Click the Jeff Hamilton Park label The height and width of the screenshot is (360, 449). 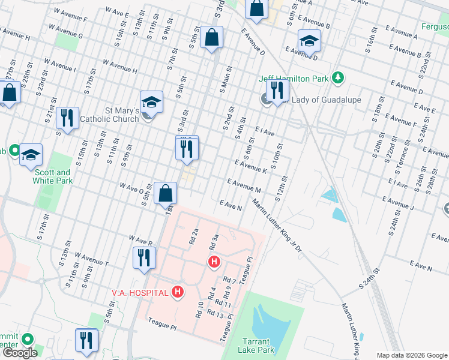click(x=295, y=78)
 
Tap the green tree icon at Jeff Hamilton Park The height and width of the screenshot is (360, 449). click(x=338, y=77)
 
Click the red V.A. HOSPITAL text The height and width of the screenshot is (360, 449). click(x=141, y=292)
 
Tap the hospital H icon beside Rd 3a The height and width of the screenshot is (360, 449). click(x=213, y=262)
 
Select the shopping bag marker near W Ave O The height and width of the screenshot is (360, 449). click(x=165, y=193)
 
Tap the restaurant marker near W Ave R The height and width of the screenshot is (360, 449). click(x=143, y=258)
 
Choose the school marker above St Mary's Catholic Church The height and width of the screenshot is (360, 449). click(x=152, y=103)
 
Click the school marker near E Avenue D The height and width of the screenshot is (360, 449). click(x=309, y=41)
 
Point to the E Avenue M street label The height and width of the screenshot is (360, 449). click(x=243, y=184)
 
